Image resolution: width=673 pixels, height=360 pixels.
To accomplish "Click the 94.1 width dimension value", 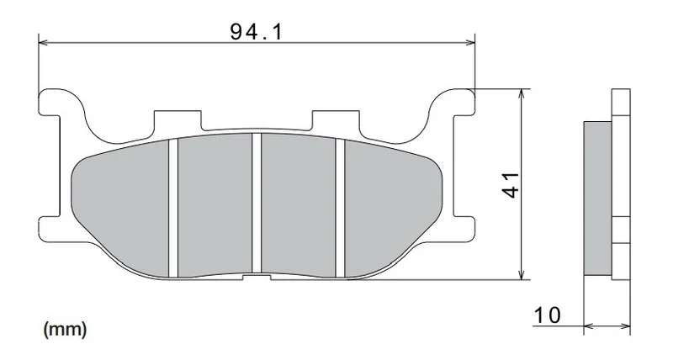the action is (257, 32).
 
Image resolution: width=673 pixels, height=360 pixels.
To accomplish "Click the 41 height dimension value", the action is (511, 185).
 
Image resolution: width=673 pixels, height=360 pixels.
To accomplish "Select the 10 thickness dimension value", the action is (548, 315).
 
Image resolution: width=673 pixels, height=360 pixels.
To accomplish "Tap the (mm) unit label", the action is (66, 330).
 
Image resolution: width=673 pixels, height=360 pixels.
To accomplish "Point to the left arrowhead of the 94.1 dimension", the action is (43, 43).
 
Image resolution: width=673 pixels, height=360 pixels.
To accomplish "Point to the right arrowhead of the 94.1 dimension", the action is (471, 43).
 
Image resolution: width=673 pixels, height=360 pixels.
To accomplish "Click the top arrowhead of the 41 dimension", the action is (521, 93).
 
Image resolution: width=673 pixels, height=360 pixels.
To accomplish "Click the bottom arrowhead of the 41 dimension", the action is (521, 275).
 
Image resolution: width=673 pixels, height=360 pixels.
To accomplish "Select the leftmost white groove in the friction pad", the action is (173, 208).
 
